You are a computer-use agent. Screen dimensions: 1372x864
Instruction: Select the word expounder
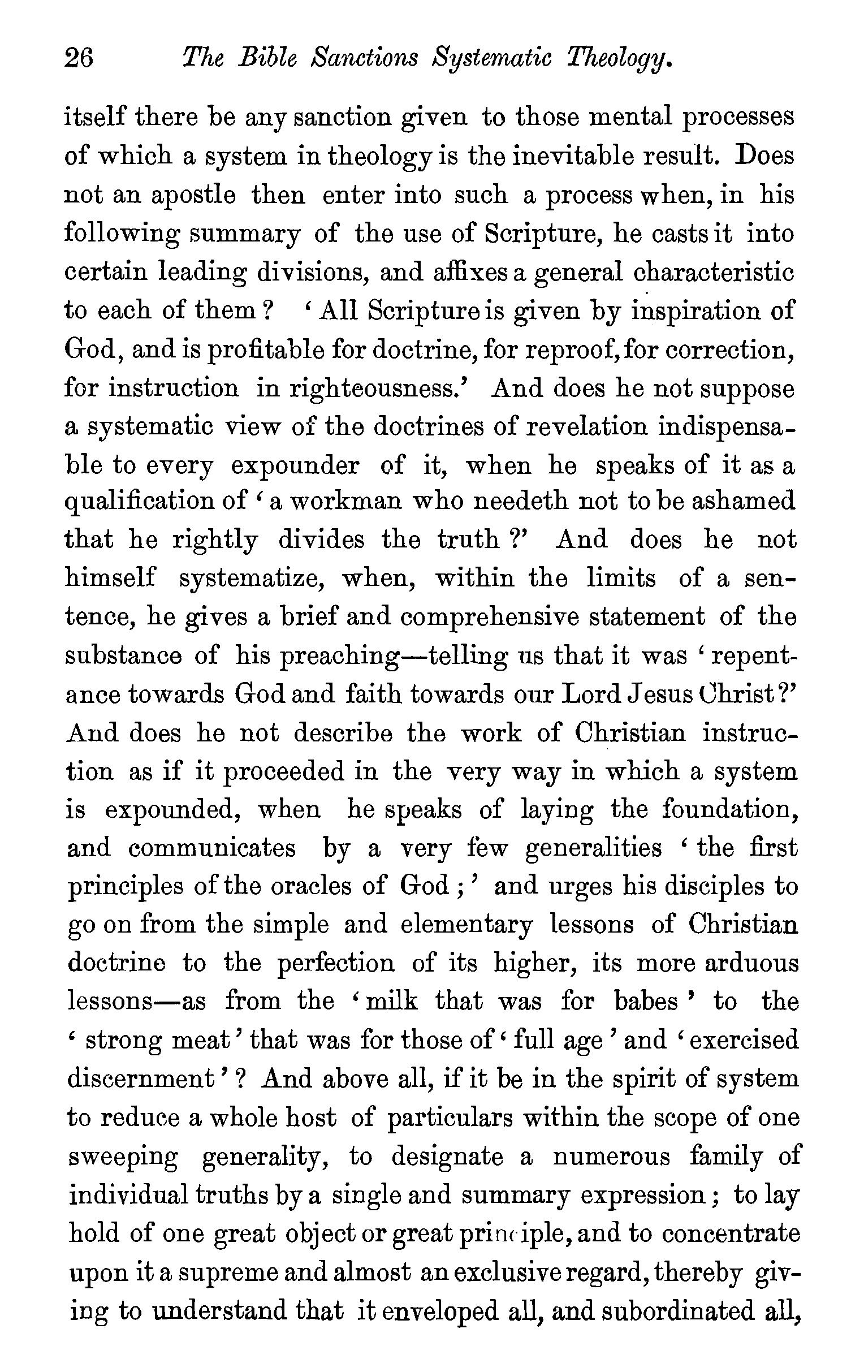(x=295, y=465)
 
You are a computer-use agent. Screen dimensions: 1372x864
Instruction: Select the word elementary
(x=466, y=924)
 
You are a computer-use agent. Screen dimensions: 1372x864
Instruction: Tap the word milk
(x=391, y=1002)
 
